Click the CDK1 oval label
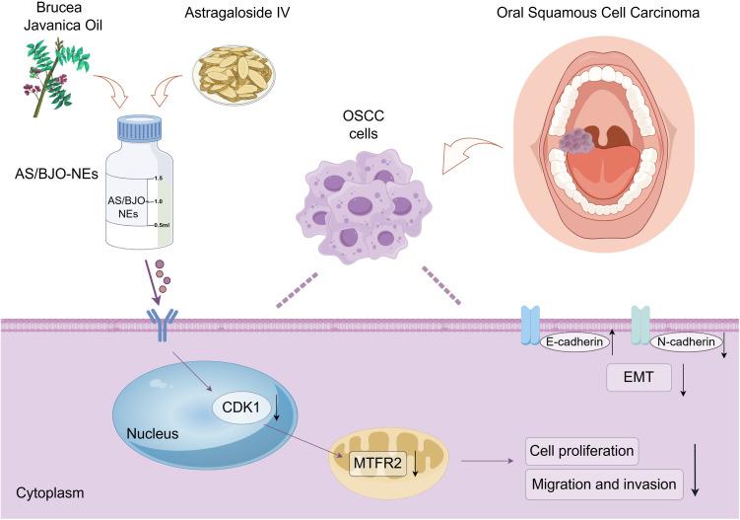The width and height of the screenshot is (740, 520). [240, 407]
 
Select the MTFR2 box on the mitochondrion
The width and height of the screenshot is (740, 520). [377, 463]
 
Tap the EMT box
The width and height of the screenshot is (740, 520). [639, 377]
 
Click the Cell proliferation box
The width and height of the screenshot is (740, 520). [581, 451]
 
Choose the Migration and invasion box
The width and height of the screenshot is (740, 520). [604, 484]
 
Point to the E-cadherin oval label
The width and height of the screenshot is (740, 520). [574, 341]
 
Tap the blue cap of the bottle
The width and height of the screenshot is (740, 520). [139, 128]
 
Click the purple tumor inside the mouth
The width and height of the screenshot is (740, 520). [577, 141]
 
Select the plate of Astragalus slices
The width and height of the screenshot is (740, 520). [234, 73]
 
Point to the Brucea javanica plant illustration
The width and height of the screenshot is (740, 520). [56, 77]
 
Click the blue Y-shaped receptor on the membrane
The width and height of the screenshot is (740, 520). [162, 325]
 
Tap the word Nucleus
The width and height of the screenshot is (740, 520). [153, 433]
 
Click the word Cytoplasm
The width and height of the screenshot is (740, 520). [50, 493]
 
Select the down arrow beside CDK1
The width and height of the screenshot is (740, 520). [276, 409]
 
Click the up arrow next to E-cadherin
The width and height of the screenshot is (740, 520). [612, 342]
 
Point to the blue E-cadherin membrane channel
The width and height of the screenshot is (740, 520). [530, 325]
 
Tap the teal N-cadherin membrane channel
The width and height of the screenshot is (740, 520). [640, 325]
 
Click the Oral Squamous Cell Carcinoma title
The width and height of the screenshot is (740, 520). [598, 13]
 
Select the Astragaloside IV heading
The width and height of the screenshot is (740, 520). [236, 13]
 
